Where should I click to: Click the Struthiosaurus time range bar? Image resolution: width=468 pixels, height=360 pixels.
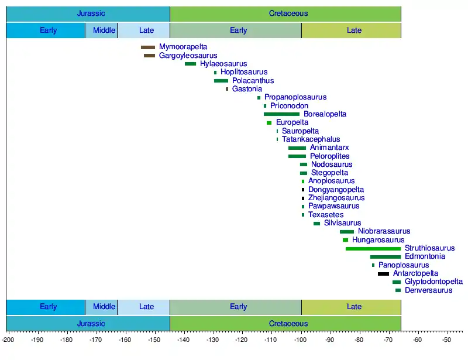373,249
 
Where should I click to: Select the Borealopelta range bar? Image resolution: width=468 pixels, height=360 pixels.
281,114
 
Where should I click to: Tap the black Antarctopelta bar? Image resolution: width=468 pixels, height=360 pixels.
384,274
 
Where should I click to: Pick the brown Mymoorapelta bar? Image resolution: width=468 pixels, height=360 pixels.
148,47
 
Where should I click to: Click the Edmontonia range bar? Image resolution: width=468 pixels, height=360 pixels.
386,257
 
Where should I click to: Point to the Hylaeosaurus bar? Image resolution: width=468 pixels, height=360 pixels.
191,64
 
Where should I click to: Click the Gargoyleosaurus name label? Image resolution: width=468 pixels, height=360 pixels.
188,56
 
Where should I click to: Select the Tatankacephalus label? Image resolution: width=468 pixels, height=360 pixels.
311,139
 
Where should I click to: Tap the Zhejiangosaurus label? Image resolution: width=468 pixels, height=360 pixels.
336,198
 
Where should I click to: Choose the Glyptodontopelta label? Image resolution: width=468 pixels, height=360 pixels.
433,282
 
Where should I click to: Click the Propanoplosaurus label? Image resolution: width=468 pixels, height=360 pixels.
295,97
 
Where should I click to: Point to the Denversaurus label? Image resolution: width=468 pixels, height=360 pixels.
429,290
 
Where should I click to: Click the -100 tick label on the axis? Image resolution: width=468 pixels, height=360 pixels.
300,340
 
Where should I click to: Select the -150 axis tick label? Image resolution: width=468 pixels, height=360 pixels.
154,340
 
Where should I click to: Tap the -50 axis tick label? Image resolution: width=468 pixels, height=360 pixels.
446,340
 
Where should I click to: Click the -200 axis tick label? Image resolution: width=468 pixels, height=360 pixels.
8,340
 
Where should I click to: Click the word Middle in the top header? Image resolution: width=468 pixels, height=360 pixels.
104,30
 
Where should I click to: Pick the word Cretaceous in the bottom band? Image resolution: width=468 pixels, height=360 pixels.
288,324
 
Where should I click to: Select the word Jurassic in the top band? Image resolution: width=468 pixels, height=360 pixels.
91,13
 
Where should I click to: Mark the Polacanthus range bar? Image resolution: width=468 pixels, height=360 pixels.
221,81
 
